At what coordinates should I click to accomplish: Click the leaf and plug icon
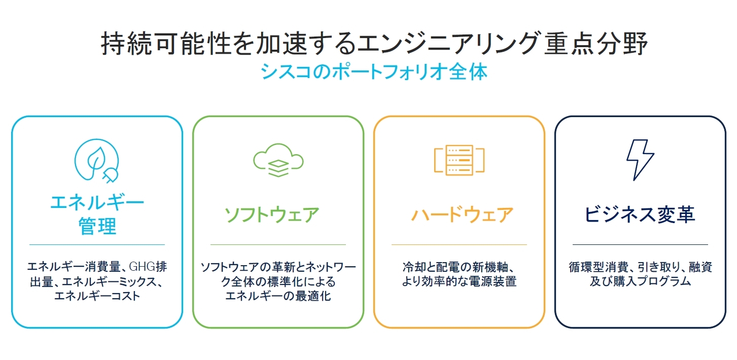pyautogui.click(x=97, y=160)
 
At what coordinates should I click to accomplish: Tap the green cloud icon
pyautogui.click(x=278, y=161)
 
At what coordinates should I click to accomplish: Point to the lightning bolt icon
pyautogui.click(x=640, y=160)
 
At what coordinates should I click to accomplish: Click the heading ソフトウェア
pyautogui.click(x=272, y=214)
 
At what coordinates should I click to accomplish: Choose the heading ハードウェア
pyautogui.click(x=462, y=214)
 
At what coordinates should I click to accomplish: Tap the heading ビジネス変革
pyautogui.click(x=640, y=214)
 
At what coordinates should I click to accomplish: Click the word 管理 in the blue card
pyautogui.click(x=97, y=226)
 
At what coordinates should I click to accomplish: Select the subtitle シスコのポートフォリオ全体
pyautogui.click(x=374, y=72)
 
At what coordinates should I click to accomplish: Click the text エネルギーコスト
pyautogui.click(x=97, y=296)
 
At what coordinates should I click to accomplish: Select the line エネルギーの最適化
pyautogui.click(x=278, y=296)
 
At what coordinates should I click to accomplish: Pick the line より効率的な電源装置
pyautogui.click(x=459, y=281)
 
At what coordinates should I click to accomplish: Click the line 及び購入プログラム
pyautogui.click(x=640, y=281)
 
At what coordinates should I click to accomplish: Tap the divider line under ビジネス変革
pyautogui.click(x=640, y=245)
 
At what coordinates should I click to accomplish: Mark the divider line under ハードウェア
pyautogui.click(x=459, y=245)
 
